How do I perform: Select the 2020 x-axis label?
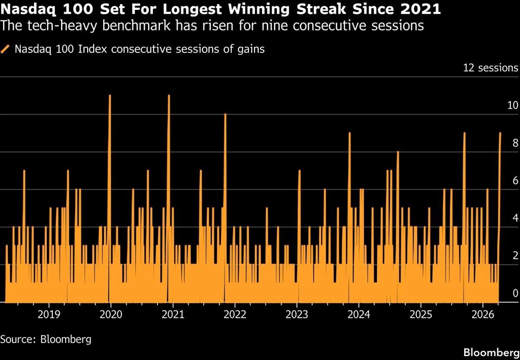pos(110,314)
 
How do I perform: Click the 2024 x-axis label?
pos(359,314)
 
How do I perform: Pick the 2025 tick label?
pos(421,314)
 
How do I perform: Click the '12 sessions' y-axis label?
pos(491,68)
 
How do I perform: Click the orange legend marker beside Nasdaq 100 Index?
pos(6,49)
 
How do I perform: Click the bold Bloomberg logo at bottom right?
pos(491,351)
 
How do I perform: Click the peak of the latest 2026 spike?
pos(500,133)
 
